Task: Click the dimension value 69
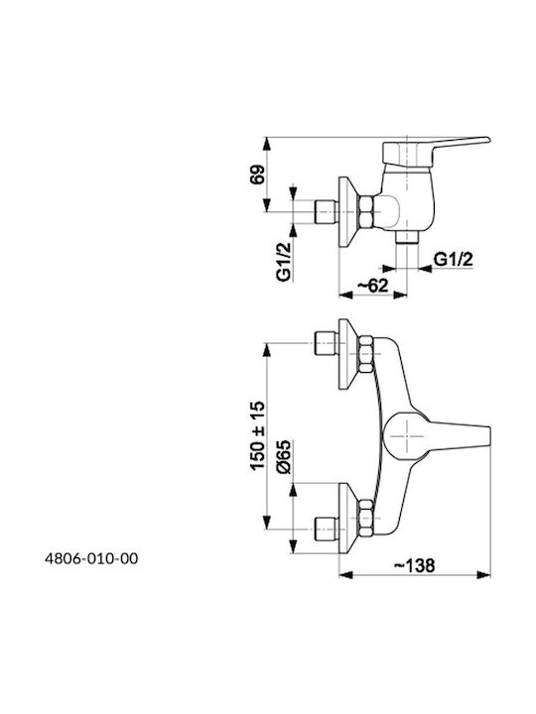click(x=257, y=175)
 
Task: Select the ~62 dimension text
click(x=373, y=286)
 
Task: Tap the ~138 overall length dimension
click(x=415, y=565)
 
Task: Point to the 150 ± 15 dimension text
click(x=257, y=435)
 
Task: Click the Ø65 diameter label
click(x=284, y=457)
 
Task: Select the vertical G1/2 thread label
click(x=284, y=262)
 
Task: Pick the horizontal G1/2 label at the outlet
click(x=453, y=260)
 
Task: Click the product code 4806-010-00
click(x=91, y=558)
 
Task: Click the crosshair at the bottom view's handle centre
click(x=407, y=436)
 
